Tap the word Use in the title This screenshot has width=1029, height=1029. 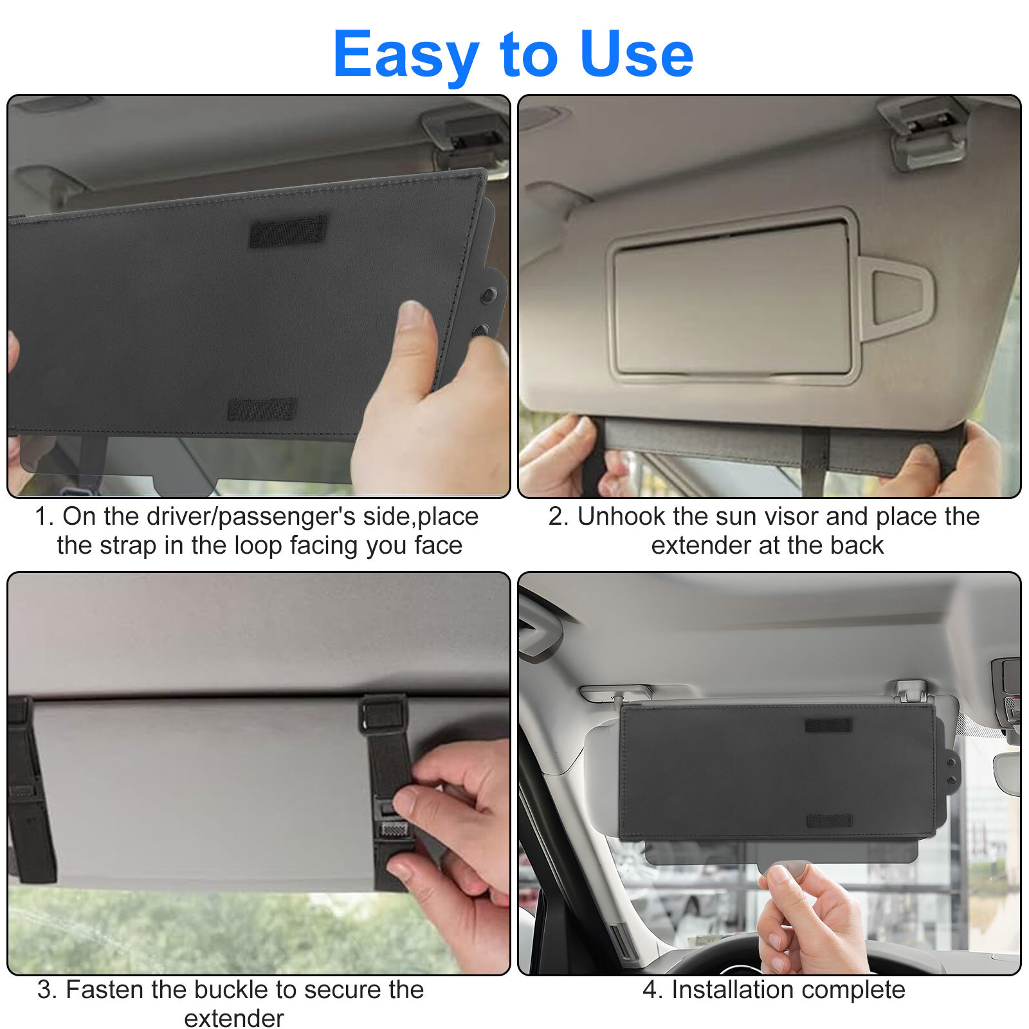click(x=636, y=54)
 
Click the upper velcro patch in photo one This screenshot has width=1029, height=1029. click(x=288, y=232)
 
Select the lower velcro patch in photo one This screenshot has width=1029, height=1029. click(x=262, y=409)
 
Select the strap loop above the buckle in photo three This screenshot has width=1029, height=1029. click(x=383, y=714)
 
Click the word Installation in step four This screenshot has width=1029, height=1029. click(x=736, y=990)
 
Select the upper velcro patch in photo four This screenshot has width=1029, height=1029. click(x=828, y=725)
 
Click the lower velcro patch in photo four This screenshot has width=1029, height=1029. click(x=829, y=821)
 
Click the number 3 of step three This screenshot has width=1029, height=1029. click(x=44, y=990)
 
